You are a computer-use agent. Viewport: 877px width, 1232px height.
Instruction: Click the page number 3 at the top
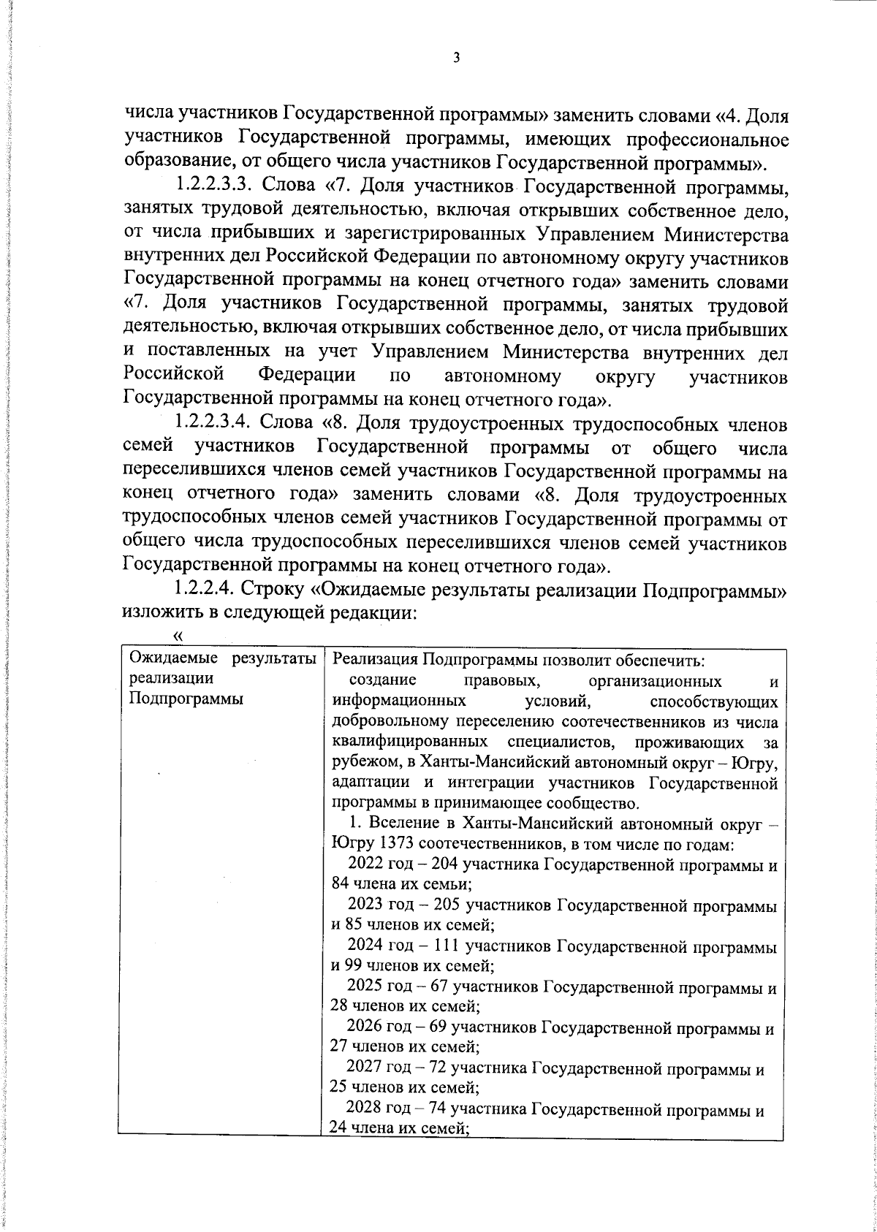456,58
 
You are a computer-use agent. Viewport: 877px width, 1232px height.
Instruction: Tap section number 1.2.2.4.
202,589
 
